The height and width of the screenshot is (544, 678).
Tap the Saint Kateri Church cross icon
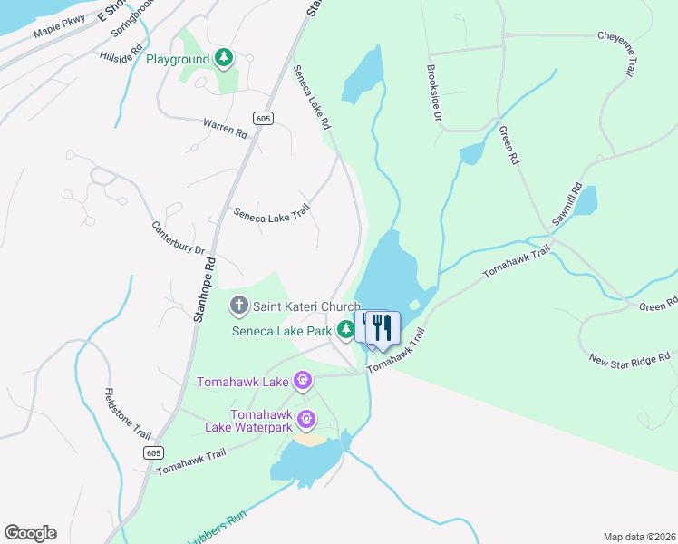click(x=239, y=306)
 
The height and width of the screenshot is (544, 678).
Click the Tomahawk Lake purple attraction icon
click(x=303, y=381)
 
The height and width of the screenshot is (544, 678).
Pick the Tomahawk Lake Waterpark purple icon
click(x=306, y=419)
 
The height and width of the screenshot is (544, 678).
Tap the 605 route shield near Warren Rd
click(x=263, y=118)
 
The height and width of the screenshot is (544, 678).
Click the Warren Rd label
click(x=225, y=128)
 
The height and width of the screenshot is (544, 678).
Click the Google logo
click(x=30, y=533)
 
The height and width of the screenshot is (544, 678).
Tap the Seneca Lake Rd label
click(x=311, y=94)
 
